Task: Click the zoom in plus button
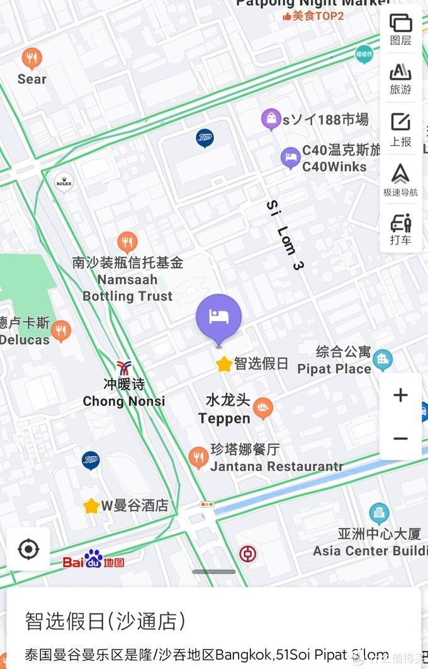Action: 400,395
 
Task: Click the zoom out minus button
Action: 400,439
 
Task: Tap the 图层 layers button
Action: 400,29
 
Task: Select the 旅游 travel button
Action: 400,78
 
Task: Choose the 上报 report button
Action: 400,128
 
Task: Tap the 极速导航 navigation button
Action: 400,179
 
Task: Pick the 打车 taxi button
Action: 400,229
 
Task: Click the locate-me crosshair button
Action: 28,549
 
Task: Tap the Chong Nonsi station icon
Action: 124,368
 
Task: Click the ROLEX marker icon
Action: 64,183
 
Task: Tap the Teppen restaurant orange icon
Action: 263,408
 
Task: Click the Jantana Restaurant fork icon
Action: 198,457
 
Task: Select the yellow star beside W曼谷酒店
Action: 91,505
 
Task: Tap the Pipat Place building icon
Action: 382,360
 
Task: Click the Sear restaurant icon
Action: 31,59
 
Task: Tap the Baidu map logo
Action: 93,559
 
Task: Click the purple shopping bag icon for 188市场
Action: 271,118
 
